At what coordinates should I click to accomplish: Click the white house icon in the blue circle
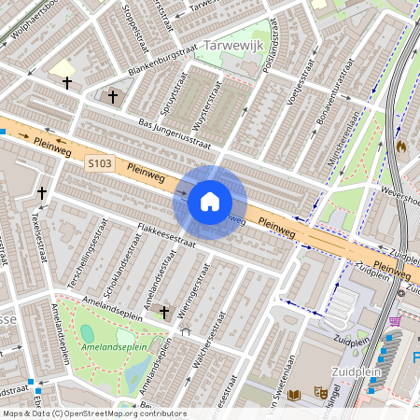click(210, 202)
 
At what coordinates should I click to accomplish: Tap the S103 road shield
click(100, 164)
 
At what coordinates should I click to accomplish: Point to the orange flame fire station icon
click(401, 147)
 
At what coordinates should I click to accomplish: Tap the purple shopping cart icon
click(395, 320)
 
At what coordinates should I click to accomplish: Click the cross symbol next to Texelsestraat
click(41, 192)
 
